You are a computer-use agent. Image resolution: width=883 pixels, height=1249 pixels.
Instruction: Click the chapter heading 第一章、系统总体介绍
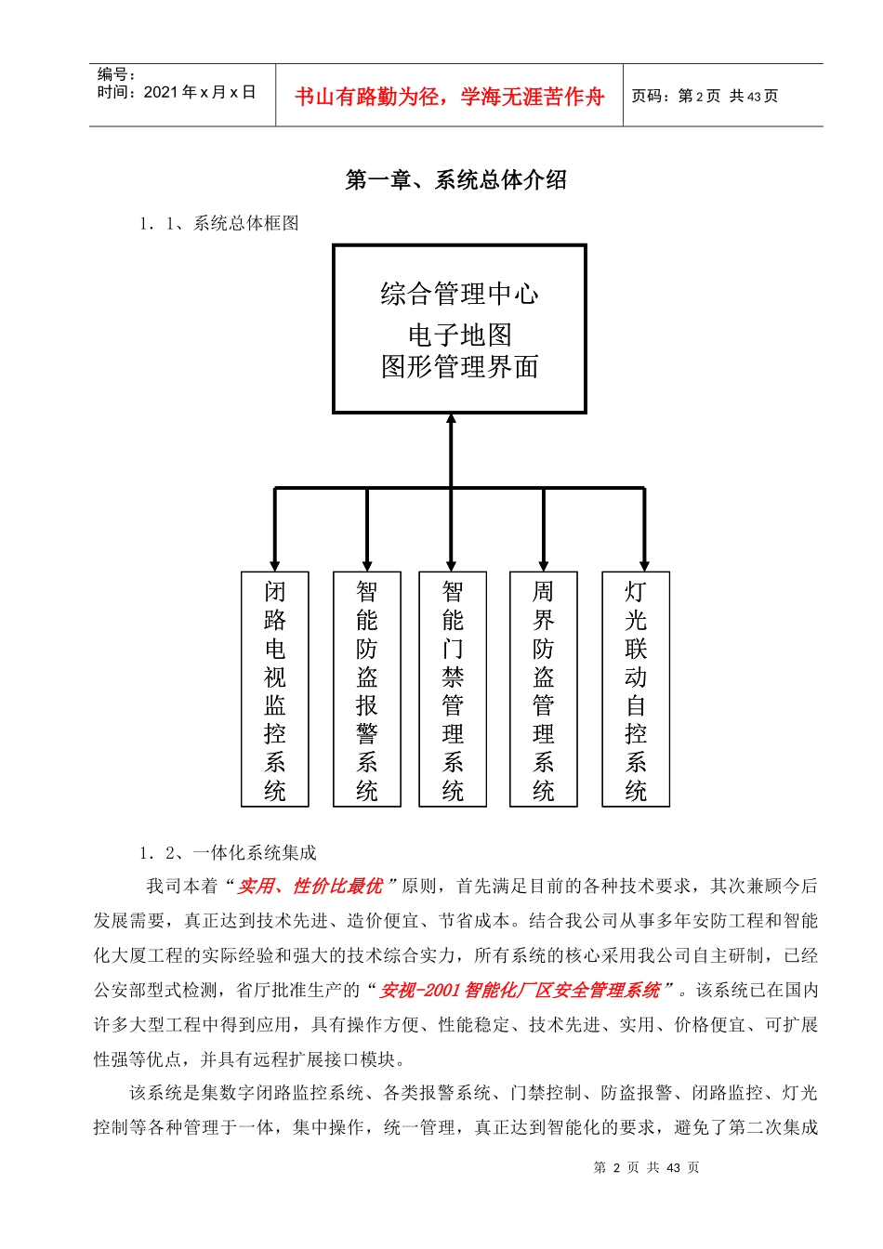click(455, 179)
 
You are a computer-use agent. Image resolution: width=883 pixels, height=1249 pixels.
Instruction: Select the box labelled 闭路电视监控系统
click(275, 689)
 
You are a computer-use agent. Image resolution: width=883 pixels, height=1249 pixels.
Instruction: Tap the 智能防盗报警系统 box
click(367, 689)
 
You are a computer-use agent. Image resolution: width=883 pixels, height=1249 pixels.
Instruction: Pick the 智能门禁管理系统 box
click(453, 689)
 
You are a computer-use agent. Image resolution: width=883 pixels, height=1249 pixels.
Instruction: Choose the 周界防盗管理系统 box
click(544, 689)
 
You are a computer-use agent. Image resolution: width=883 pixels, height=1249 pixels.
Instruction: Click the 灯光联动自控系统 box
click(636, 689)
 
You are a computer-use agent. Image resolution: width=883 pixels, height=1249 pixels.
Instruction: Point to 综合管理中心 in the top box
click(459, 295)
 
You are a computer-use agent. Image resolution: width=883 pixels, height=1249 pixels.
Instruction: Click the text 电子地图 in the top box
click(459, 335)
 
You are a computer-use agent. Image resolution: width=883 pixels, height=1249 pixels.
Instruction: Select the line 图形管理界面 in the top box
click(459, 367)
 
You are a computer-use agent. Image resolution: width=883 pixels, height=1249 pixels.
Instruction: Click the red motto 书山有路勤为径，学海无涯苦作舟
click(449, 97)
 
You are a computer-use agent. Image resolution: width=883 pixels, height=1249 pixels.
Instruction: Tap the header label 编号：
click(117, 74)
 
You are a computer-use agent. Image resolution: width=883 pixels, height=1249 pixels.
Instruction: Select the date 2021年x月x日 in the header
click(200, 92)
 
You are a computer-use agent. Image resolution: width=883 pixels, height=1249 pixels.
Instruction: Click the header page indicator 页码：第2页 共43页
click(705, 96)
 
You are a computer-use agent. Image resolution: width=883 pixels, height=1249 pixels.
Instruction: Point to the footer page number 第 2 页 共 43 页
click(646, 1167)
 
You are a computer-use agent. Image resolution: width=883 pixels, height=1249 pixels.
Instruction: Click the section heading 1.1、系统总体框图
click(219, 223)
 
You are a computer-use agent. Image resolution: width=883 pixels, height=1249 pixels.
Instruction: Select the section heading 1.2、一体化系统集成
click(228, 852)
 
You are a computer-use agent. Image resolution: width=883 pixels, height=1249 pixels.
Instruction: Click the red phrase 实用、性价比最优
click(310, 887)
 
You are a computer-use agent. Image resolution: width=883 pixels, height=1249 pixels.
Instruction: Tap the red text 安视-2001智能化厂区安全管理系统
click(521, 991)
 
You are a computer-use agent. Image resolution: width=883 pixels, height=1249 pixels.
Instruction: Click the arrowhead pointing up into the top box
click(452, 420)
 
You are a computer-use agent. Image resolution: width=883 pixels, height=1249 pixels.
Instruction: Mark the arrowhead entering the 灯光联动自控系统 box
click(644, 565)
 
